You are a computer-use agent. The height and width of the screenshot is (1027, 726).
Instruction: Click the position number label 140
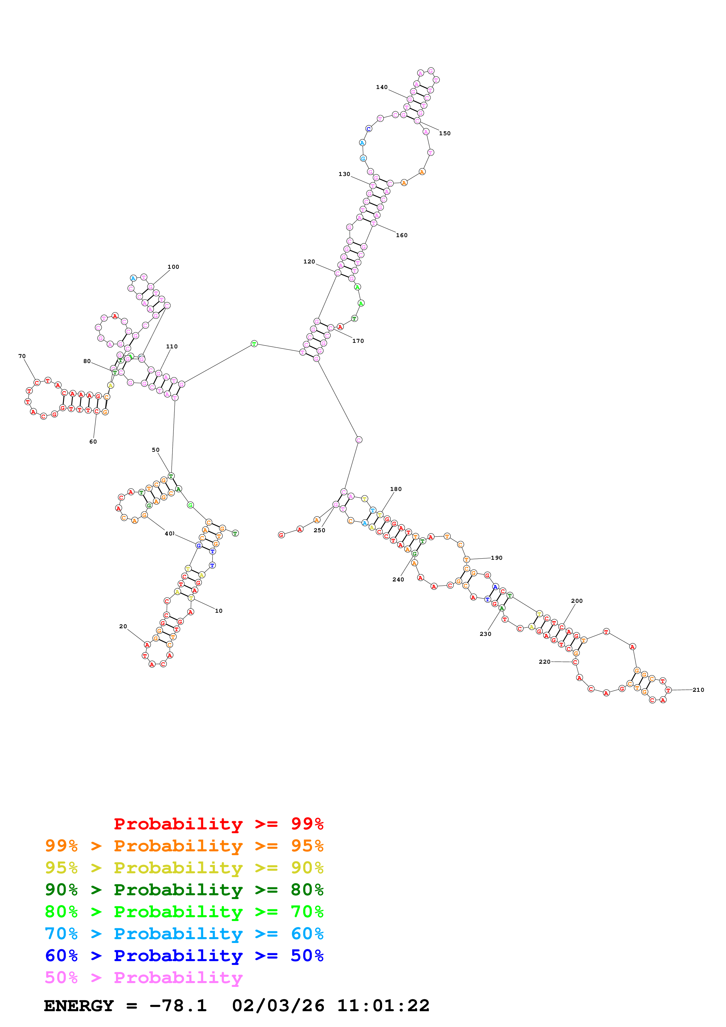[382, 87]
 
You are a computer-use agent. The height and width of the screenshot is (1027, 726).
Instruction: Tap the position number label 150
[445, 133]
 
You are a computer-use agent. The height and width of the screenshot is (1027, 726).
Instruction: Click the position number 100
[173, 267]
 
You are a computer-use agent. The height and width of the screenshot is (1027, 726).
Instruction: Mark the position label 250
[320, 530]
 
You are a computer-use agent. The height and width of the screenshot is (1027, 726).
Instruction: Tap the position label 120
[309, 262]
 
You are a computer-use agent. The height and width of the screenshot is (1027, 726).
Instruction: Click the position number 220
[544, 662]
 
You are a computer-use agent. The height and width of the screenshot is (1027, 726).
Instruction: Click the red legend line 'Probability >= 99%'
[218, 824]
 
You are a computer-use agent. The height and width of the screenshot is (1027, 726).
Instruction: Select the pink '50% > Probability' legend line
[144, 978]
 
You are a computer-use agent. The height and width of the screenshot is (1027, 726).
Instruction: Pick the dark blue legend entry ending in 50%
[184, 956]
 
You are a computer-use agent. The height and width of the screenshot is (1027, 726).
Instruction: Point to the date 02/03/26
[278, 1006]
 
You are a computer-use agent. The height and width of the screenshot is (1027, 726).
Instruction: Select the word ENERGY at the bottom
[79, 1006]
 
